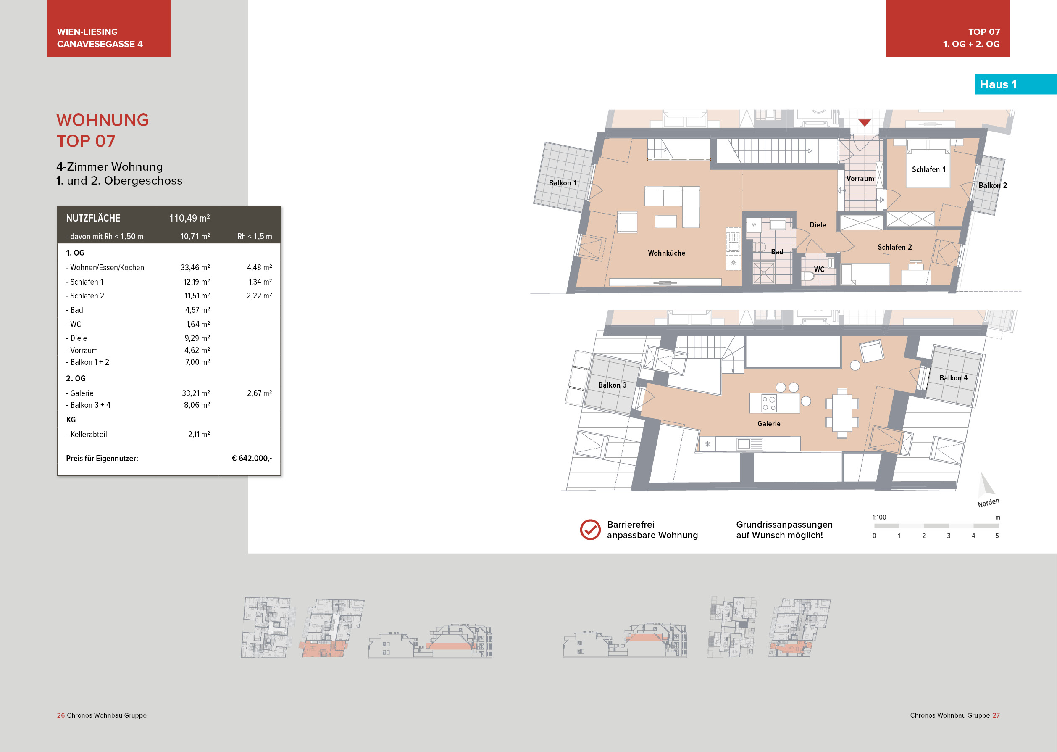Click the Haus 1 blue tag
point(998,84)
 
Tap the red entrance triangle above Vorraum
point(865,123)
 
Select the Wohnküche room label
point(666,253)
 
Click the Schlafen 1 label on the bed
point(928,169)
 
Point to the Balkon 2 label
point(992,185)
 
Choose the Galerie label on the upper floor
point(769,424)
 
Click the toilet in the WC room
point(808,277)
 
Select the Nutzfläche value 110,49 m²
point(189,218)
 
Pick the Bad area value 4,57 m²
point(197,310)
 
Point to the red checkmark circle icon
point(590,530)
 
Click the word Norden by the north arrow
point(988,503)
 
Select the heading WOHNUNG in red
point(103,120)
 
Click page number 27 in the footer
point(996,715)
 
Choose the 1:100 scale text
point(879,517)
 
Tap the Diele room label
point(818,225)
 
